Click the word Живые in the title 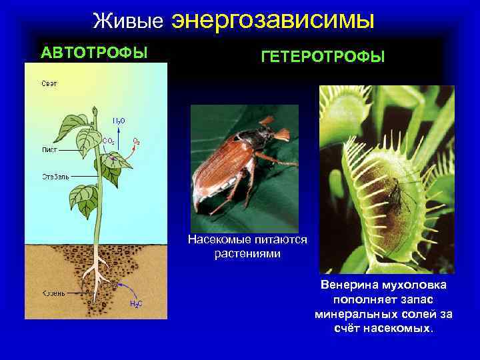[128, 21]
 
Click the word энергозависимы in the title [273, 20]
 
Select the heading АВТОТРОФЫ [94, 52]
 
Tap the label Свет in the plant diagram [49, 83]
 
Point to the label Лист [48, 149]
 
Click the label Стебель [53, 177]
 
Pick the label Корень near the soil [53, 293]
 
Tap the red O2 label [136, 141]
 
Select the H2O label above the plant [118, 121]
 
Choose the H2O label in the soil [135, 304]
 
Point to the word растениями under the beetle [247, 254]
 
